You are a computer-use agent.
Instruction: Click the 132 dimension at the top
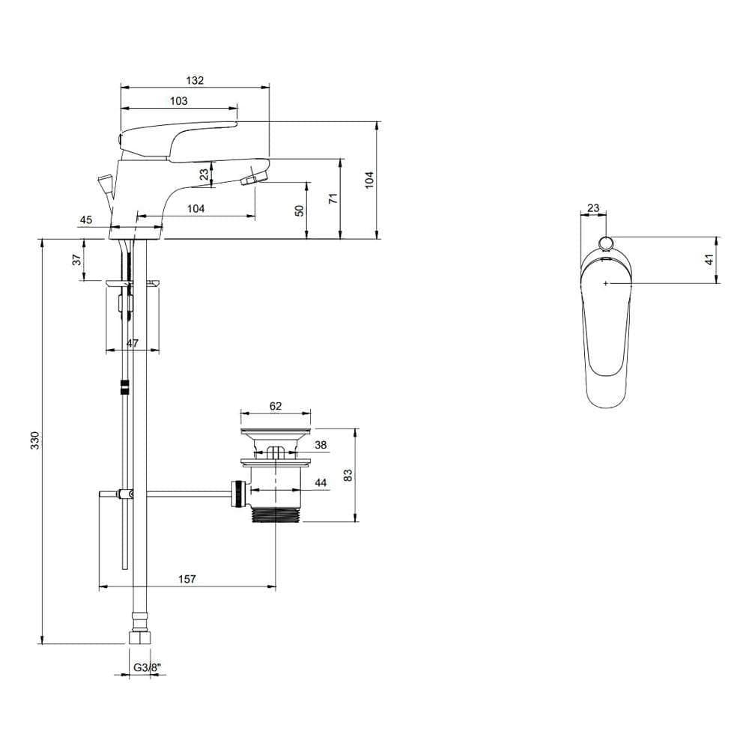(x=194, y=80)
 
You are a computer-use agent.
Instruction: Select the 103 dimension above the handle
(x=178, y=101)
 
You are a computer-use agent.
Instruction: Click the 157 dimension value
(x=187, y=579)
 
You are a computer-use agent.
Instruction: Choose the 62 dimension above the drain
(x=275, y=406)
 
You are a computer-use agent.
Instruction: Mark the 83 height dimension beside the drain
(x=348, y=474)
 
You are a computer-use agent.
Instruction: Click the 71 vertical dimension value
(x=334, y=198)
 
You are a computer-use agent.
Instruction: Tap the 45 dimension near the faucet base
(x=85, y=219)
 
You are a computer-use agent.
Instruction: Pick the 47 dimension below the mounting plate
(x=132, y=343)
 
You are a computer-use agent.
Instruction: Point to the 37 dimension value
(x=76, y=260)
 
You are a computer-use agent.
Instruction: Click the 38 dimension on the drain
(x=321, y=445)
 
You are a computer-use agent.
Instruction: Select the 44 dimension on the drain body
(x=321, y=484)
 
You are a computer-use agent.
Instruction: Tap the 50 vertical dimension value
(x=300, y=210)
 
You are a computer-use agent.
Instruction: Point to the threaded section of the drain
(x=276, y=515)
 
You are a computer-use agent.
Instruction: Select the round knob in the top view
(x=605, y=242)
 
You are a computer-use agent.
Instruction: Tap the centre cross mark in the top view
(x=605, y=283)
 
